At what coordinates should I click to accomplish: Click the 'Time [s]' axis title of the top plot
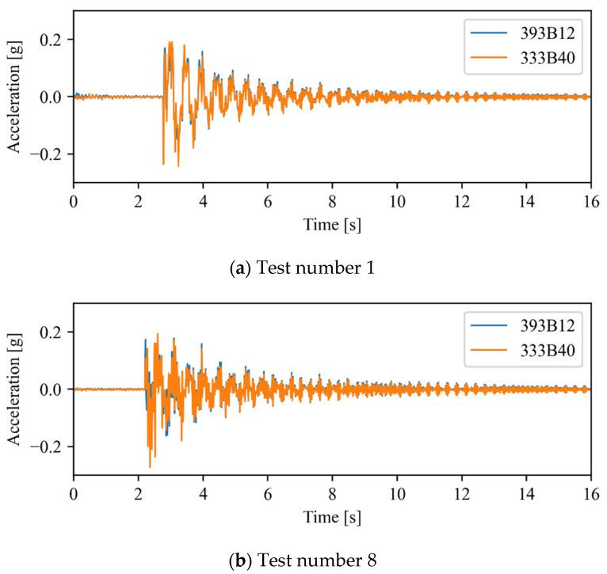(x=331, y=224)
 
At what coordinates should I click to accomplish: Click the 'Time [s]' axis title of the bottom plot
(x=331, y=517)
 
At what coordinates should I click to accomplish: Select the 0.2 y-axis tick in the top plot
(x=55, y=40)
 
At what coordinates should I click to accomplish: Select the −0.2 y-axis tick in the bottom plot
(x=49, y=447)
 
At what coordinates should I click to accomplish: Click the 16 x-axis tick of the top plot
(x=590, y=200)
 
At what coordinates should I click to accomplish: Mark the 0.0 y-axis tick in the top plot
(x=55, y=97)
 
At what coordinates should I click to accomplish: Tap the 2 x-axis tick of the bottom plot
(x=138, y=493)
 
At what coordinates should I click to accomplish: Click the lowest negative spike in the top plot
(x=178, y=165)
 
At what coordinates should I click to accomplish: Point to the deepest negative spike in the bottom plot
(x=150, y=466)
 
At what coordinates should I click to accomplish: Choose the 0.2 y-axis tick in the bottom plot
(x=55, y=333)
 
